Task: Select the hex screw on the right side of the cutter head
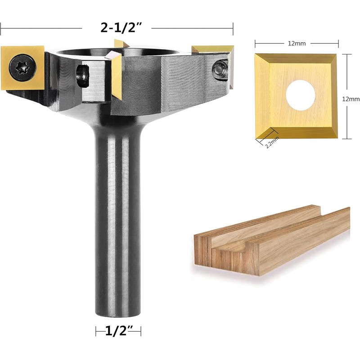coord(219,68)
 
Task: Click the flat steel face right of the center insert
coord(180,76)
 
